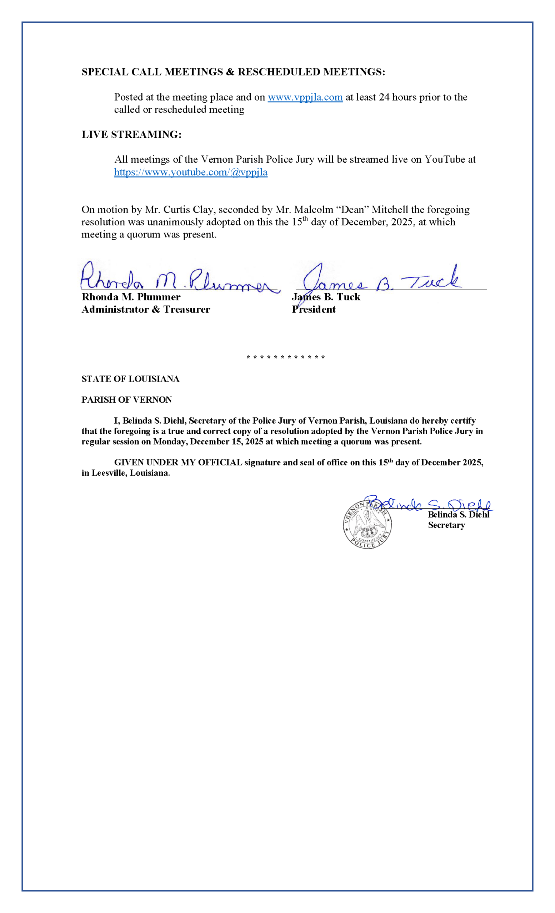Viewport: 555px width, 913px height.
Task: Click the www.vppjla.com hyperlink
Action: coord(305,97)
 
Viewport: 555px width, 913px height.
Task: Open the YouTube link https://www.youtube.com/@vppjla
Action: coord(191,172)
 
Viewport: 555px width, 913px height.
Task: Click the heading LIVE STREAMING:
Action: coord(131,134)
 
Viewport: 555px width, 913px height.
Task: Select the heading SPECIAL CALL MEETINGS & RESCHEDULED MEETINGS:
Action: coord(233,72)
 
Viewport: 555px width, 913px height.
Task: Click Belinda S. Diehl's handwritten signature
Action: coord(430,504)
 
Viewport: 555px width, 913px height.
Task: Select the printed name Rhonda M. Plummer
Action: coord(131,297)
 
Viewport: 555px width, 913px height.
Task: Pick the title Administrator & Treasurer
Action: coord(146,310)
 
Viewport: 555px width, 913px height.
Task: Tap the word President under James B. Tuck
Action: coord(314,310)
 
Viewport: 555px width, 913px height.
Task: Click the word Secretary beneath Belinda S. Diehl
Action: coord(446,525)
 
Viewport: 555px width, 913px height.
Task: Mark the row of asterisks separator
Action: coord(286,358)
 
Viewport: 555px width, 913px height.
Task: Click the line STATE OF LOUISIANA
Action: coord(130,379)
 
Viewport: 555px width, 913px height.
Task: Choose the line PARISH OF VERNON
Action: coord(126,399)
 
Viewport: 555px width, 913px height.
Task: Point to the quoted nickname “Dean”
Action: coord(351,210)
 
